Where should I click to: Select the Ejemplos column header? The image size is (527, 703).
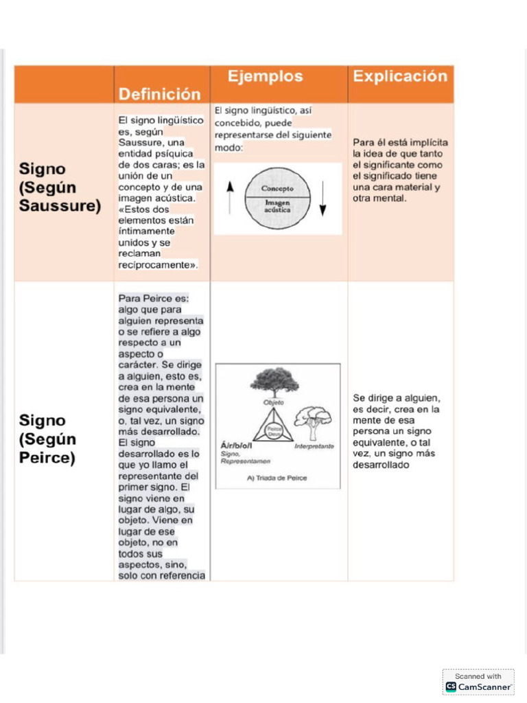265,76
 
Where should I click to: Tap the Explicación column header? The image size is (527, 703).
399,76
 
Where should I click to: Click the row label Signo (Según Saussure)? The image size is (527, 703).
60,187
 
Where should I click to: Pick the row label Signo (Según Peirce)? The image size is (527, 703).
47,439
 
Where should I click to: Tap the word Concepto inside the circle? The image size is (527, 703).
277,188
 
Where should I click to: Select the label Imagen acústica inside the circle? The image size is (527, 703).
277,206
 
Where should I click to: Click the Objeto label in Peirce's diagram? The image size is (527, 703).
273,402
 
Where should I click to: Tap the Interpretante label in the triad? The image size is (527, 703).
314,446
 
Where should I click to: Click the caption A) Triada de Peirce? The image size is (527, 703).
277,478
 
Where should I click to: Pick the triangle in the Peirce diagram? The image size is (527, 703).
274,430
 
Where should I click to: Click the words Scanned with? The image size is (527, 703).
478,676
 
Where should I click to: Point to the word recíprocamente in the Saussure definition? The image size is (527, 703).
156,264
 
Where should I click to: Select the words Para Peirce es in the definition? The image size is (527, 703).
153,299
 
